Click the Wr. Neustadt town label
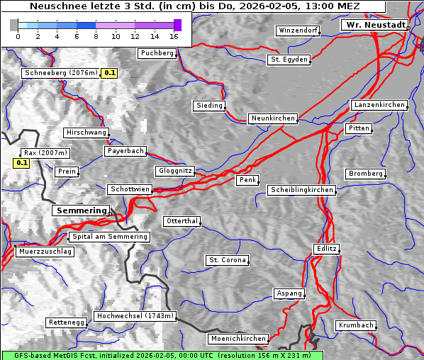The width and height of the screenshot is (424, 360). click(x=374, y=25)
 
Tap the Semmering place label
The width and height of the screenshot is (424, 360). click(x=81, y=210)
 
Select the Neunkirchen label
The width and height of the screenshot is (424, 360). click(x=272, y=118)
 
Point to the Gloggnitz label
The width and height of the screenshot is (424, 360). click(x=174, y=171)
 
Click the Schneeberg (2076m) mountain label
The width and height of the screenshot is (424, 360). click(x=60, y=73)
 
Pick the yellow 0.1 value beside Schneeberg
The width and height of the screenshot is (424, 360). click(x=110, y=73)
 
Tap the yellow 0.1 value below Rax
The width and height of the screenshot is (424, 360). click(x=22, y=163)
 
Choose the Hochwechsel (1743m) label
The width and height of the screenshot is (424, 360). click(x=135, y=316)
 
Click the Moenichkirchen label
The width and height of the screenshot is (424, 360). click(x=239, y=339)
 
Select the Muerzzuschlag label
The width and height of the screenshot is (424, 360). click(x=44, y=252)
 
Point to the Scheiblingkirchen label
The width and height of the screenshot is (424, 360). click(x=301, y=190)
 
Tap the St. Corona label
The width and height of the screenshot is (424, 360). click(x=227, y=260)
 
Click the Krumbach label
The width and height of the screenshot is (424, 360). click(x=355, y=325)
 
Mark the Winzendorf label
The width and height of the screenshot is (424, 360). click(x=298, y=31)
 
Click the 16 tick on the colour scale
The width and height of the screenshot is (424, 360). click(x=174, y=37)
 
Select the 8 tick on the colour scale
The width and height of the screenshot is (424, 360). click(x=96, y=37)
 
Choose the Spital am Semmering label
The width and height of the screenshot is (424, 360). click(x=109, y=237)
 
